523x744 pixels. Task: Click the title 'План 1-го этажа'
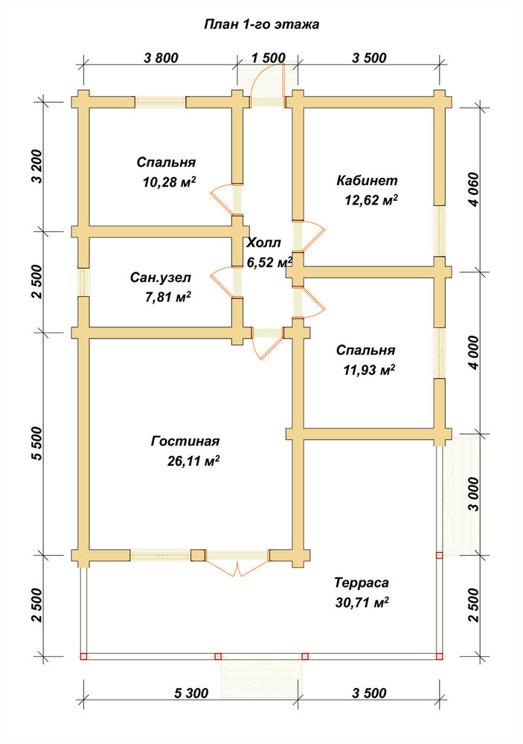(262, 25)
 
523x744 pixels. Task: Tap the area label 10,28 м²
(170, 182)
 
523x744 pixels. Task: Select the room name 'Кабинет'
(367, 180)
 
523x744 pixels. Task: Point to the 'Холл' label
(264, 243)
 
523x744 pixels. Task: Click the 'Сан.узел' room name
(161, 278)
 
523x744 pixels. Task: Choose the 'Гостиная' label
(185, 441)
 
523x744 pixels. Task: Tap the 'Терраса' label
(362, 583)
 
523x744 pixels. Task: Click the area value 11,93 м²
(370, 370)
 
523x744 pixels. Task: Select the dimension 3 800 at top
(161, 58)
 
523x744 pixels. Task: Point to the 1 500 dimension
(268, 58)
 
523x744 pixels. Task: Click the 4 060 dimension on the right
(473, 188)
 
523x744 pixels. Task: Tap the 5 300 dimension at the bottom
(191, 693)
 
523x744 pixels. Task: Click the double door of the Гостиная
(237, 568)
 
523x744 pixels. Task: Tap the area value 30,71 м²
(362, 603)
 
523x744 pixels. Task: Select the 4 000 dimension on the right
(473, 353)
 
